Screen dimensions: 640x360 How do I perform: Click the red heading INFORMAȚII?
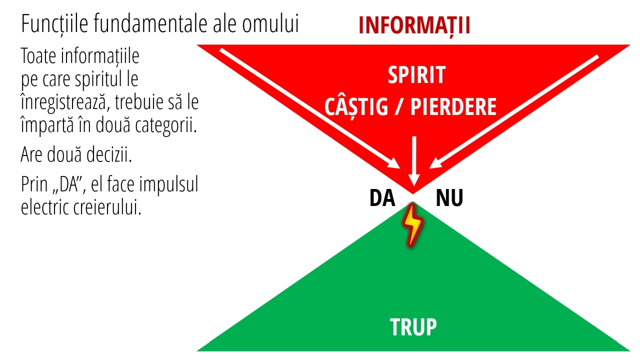click(414, 25)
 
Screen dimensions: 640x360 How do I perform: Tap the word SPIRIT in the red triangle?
click(416, 75)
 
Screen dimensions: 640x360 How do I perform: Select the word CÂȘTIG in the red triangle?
click(356, 107)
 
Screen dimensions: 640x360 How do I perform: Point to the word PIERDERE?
click(453, 107)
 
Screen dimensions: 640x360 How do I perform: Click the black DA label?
click(382, 197)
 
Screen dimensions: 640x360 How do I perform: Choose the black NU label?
click(449, 197)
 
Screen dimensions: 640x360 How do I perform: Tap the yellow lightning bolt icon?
click(412, 225)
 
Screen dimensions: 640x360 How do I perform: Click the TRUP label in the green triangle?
click(413, 327)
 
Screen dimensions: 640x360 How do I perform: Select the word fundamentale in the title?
click(150, 24)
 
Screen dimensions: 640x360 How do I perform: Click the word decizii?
click(109, 154)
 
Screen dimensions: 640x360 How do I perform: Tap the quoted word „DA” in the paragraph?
click(69, 184)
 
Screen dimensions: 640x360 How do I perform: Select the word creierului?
click(107, 207)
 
